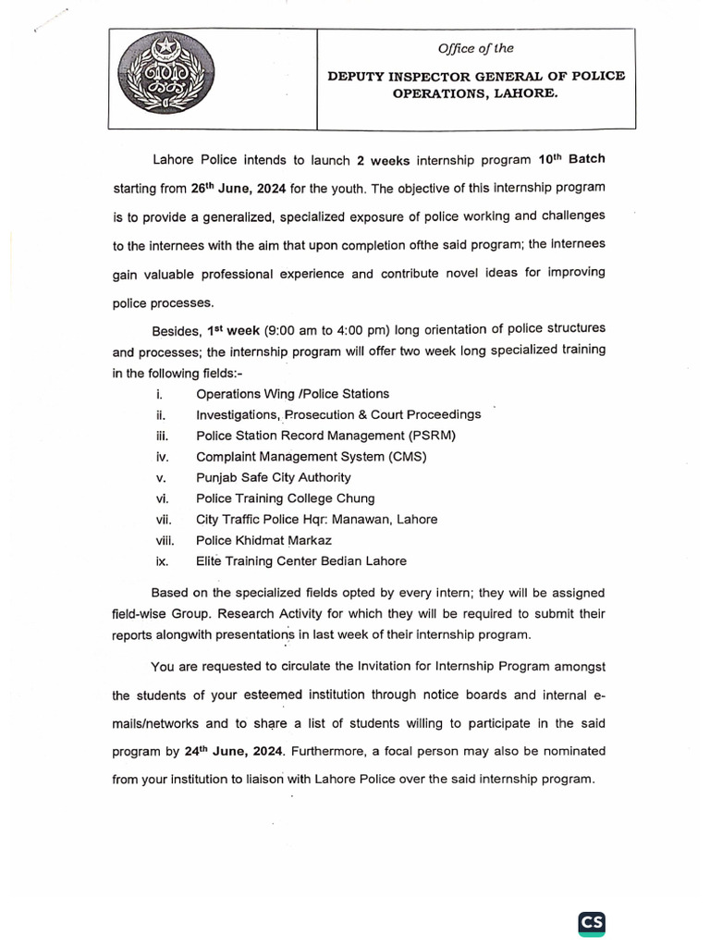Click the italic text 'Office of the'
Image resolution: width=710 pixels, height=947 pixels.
pos(476,48)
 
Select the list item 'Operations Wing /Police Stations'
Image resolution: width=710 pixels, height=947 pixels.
pos(292,394)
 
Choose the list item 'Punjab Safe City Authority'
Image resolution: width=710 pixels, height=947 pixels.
pos(273,477)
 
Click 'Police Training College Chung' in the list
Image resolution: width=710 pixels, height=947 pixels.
pos(281,498)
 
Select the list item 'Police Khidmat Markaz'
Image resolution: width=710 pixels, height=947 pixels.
pos(263,540)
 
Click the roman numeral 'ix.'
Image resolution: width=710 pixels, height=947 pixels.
pos(162,561)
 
